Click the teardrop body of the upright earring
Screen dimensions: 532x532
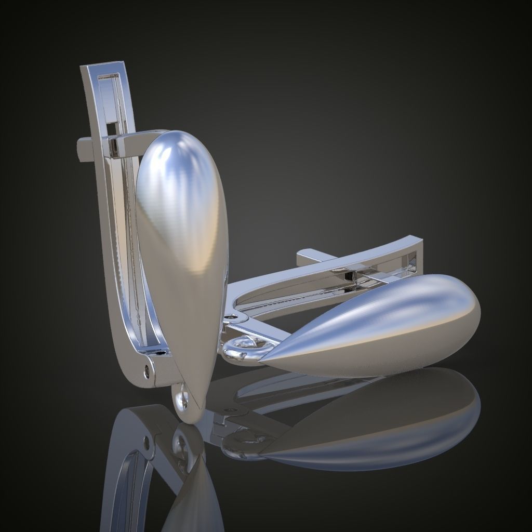click(x=182, y=249)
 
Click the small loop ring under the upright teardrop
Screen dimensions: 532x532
click(x=181, y=399)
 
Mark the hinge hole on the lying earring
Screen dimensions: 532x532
click(x=230, y=316)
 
